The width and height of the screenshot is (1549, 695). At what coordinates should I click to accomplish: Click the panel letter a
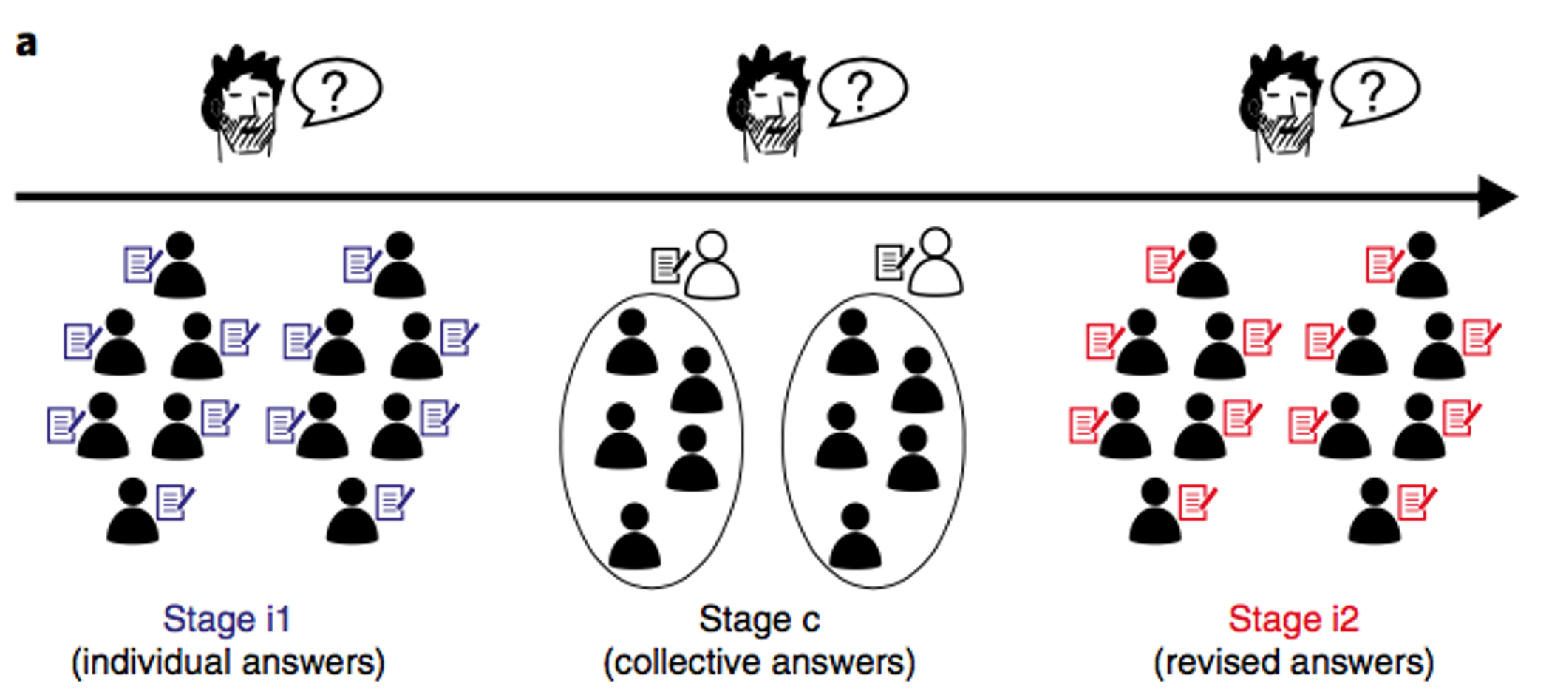click(x=27, y=44)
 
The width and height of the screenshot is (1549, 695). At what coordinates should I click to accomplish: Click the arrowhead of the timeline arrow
click(x=1497, y=197)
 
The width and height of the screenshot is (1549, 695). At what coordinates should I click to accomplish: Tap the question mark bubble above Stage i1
click(x=337, y=90)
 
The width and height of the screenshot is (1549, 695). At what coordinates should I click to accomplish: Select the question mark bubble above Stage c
click(x=862, y=90)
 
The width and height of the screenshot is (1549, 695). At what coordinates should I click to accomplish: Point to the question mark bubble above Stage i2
click(x=1375, y=90)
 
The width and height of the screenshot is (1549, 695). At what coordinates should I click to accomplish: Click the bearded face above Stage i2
click(x=1281, y=104)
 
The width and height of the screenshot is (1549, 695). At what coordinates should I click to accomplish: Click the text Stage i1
click(x=227, y=620)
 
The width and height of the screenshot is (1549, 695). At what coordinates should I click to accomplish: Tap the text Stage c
click(x=759, y=620)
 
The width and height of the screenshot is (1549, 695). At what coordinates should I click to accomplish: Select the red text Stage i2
click(x=1293, y=620)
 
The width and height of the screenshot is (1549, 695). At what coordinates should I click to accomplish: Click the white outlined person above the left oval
click(x=712, y=266)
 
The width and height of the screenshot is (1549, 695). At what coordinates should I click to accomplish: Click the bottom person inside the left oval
click(x=634, y=537)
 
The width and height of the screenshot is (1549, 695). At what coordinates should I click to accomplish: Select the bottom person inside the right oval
click(x=855, y=537)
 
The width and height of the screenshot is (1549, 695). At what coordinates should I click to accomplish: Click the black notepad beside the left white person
click(x=667, y=265)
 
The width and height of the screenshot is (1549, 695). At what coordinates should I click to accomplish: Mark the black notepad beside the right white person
click(x=891, y=262)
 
